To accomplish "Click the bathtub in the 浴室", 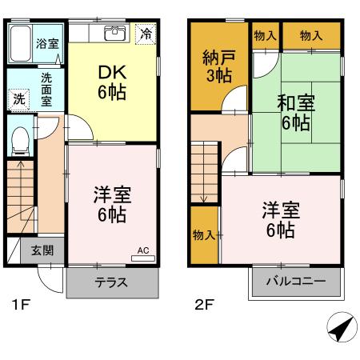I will tap(21, 44).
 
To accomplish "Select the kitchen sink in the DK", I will tap(114, 34).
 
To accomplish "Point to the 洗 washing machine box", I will tap(18, 99).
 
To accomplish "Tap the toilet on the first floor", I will tap(21, 140).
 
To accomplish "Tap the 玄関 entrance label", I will tap(42, 250).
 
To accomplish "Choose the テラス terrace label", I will tap(112, 282).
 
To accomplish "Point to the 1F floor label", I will tap(22, 305).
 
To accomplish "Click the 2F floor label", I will tap(203, 305).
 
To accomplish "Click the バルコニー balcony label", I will tap(296, 282).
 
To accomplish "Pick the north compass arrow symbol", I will tap(341, 327).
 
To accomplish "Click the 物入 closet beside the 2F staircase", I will tap(204, 234).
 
